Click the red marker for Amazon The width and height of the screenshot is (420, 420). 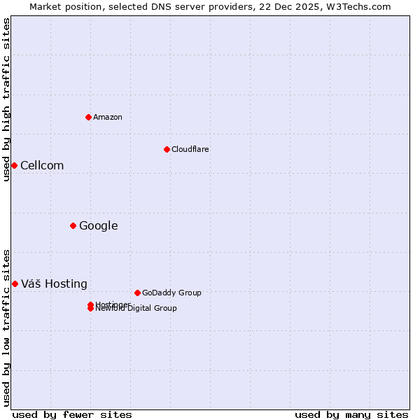click(88, 117)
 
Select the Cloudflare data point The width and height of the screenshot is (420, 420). click(167, 149)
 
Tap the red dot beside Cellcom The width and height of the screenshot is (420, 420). click(14, 165)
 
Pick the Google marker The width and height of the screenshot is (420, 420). click(73, 225)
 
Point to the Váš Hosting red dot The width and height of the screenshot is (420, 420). click(15, 283)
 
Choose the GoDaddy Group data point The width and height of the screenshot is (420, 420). click(137, 293)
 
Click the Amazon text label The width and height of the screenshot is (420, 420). click(108, 117)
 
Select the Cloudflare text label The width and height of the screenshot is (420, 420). click(190, 149)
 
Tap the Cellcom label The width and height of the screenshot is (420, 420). click(42, 166)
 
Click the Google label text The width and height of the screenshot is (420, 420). click(99, 226)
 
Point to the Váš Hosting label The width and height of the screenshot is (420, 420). click(54, 284)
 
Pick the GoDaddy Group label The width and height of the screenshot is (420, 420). click(171, 293)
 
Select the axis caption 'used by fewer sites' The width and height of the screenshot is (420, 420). click(72, 414)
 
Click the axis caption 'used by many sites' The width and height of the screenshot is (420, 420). click(351, 414)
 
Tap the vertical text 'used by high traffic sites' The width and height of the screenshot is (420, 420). click(6, 99)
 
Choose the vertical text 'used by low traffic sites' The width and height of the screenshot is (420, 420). click(6, 327)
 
